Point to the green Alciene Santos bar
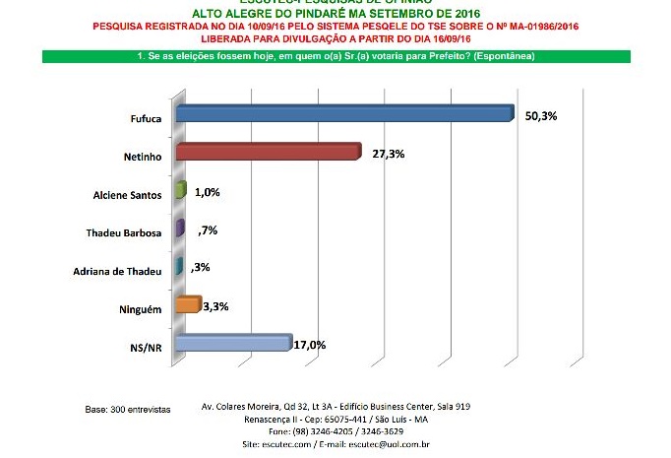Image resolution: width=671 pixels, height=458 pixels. click(179, 191)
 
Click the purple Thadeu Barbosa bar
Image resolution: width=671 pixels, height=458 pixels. click(178, 229)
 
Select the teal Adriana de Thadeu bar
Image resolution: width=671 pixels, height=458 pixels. click(177, 267)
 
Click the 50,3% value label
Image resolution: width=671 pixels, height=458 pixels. click(541, 116)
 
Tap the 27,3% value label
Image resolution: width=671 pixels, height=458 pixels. click(387, 155)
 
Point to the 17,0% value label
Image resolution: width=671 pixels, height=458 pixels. click(310, 345)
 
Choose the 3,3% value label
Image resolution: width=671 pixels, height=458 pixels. click(215, 306)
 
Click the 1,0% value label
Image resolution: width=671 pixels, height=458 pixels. click(206, 193)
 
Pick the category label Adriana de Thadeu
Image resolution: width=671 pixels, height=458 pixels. click(119, 270)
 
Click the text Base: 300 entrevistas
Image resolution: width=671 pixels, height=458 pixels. click(128, 408)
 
